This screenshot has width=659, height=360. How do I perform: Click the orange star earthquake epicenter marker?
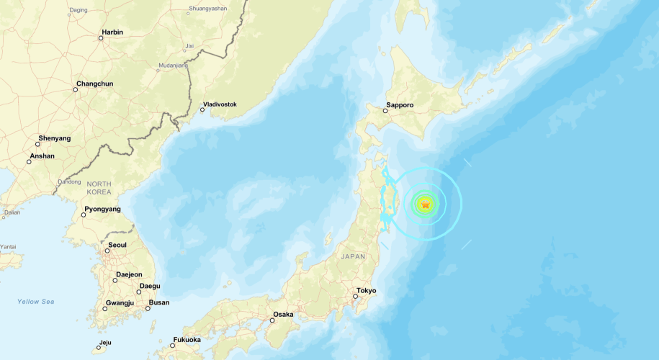(x=425, y=204)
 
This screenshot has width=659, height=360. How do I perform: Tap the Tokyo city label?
(x=367, y=290)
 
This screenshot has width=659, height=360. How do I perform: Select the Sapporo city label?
(x=400, y=105)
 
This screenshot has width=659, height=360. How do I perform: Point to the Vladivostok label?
(x=220, y=104)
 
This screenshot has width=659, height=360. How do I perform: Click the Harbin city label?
(x=112, y=32)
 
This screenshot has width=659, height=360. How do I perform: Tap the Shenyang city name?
(x=53, y=138)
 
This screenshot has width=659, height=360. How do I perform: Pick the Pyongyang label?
(x=102, y=210)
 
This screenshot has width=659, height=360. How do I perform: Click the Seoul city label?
(x=117, y=245)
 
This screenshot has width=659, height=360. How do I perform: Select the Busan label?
(x=159, y=302)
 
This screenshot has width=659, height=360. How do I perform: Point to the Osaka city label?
(x=282, y=314)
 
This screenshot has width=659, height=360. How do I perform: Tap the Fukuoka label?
(x=187, y=340)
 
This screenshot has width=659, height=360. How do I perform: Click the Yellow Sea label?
(x=36, y=302)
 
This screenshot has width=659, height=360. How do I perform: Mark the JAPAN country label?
(x=354, y=256)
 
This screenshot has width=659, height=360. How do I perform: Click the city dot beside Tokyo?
(x=355, y=296)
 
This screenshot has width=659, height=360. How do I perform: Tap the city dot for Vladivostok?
(x=202, y=109)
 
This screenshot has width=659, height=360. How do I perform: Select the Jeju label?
(x=105, y=342)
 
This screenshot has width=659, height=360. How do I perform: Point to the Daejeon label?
(x=127, y=274)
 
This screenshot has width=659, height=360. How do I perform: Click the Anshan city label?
(x=42, y=156)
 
